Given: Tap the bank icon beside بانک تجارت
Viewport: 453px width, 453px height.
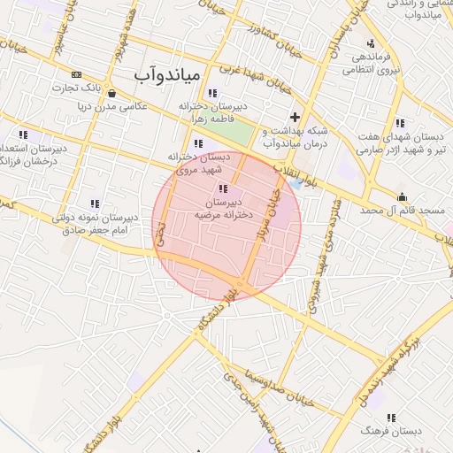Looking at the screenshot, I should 77,74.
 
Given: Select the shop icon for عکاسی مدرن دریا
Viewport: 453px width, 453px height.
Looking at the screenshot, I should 111,92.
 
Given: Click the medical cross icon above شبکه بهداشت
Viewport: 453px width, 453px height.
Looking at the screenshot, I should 295,117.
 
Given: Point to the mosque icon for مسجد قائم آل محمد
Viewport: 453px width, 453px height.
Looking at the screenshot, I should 403,197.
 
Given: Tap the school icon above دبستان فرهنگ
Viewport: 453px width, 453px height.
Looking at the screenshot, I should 391,418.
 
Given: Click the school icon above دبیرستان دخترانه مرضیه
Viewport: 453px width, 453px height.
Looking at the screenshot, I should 222,188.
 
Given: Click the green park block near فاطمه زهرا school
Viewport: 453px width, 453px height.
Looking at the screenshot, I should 234,132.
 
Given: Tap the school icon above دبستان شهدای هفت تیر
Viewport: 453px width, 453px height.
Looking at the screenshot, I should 400,123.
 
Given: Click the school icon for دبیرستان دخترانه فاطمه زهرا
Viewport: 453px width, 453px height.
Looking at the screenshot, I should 212,93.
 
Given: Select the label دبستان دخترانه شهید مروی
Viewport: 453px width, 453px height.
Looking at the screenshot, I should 202,163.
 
